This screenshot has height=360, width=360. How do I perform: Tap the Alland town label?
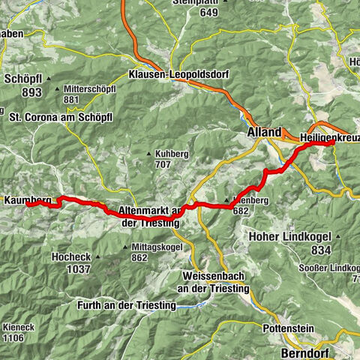(264, 131)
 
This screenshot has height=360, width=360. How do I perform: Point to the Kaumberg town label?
(27, 200)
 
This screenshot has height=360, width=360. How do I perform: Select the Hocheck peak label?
(71, 256)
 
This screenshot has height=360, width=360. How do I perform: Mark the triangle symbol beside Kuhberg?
(148, 154)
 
